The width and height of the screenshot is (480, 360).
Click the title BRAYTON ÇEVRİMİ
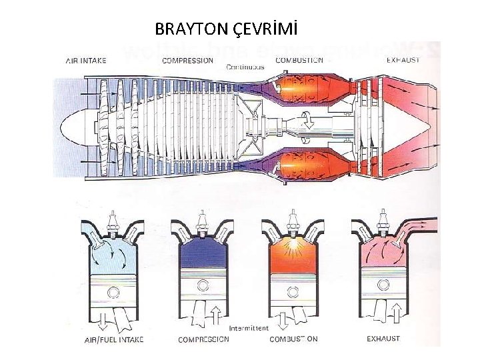[225, 29]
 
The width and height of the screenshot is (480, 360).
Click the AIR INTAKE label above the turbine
[86, 60]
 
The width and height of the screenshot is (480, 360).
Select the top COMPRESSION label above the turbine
[188, 60]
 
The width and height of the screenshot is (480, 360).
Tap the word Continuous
[245, 67]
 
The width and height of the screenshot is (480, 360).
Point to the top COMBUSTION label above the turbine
[299, 60]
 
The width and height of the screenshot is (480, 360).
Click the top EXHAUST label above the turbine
[403, 60]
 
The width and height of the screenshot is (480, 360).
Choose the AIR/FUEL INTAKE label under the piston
[113, 340]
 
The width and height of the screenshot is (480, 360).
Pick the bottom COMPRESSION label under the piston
[203, 339]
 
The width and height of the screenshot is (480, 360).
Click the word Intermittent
[249, 329]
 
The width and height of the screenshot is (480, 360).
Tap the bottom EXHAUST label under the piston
[383, 339]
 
